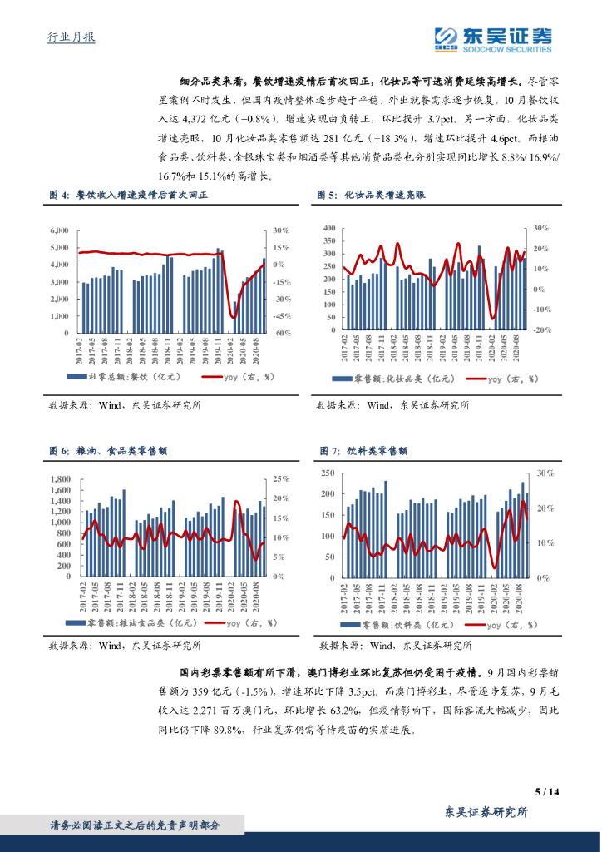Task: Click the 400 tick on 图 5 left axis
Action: click(x=328, y=227)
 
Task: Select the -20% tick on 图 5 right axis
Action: click(x=541, y=329)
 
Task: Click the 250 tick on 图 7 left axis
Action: click(x=328, y=473)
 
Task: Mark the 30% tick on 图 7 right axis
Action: click(x=545, y=473)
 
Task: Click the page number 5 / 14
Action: click(x=544, y=791)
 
